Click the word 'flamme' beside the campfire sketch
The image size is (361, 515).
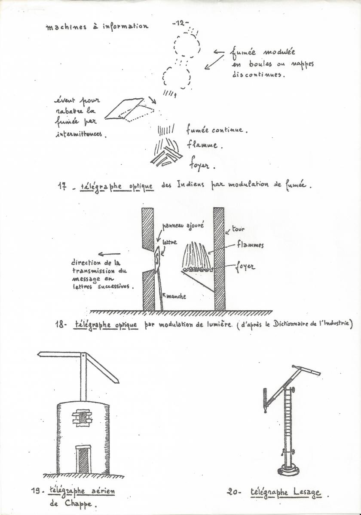(204, 145)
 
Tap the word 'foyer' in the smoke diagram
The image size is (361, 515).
(202, 165)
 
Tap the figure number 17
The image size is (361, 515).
(62, 186)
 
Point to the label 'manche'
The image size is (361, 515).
(176, 296)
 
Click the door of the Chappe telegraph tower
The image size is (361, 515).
(83, 459)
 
